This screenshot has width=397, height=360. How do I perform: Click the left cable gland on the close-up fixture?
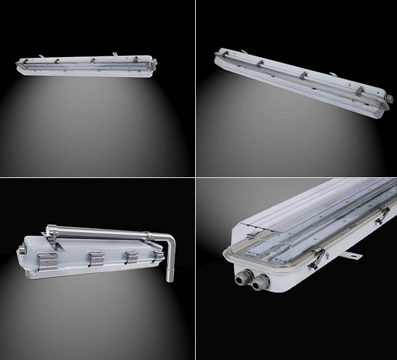241,277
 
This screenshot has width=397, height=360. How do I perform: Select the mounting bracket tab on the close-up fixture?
352,255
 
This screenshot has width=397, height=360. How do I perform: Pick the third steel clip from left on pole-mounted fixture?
132,255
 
